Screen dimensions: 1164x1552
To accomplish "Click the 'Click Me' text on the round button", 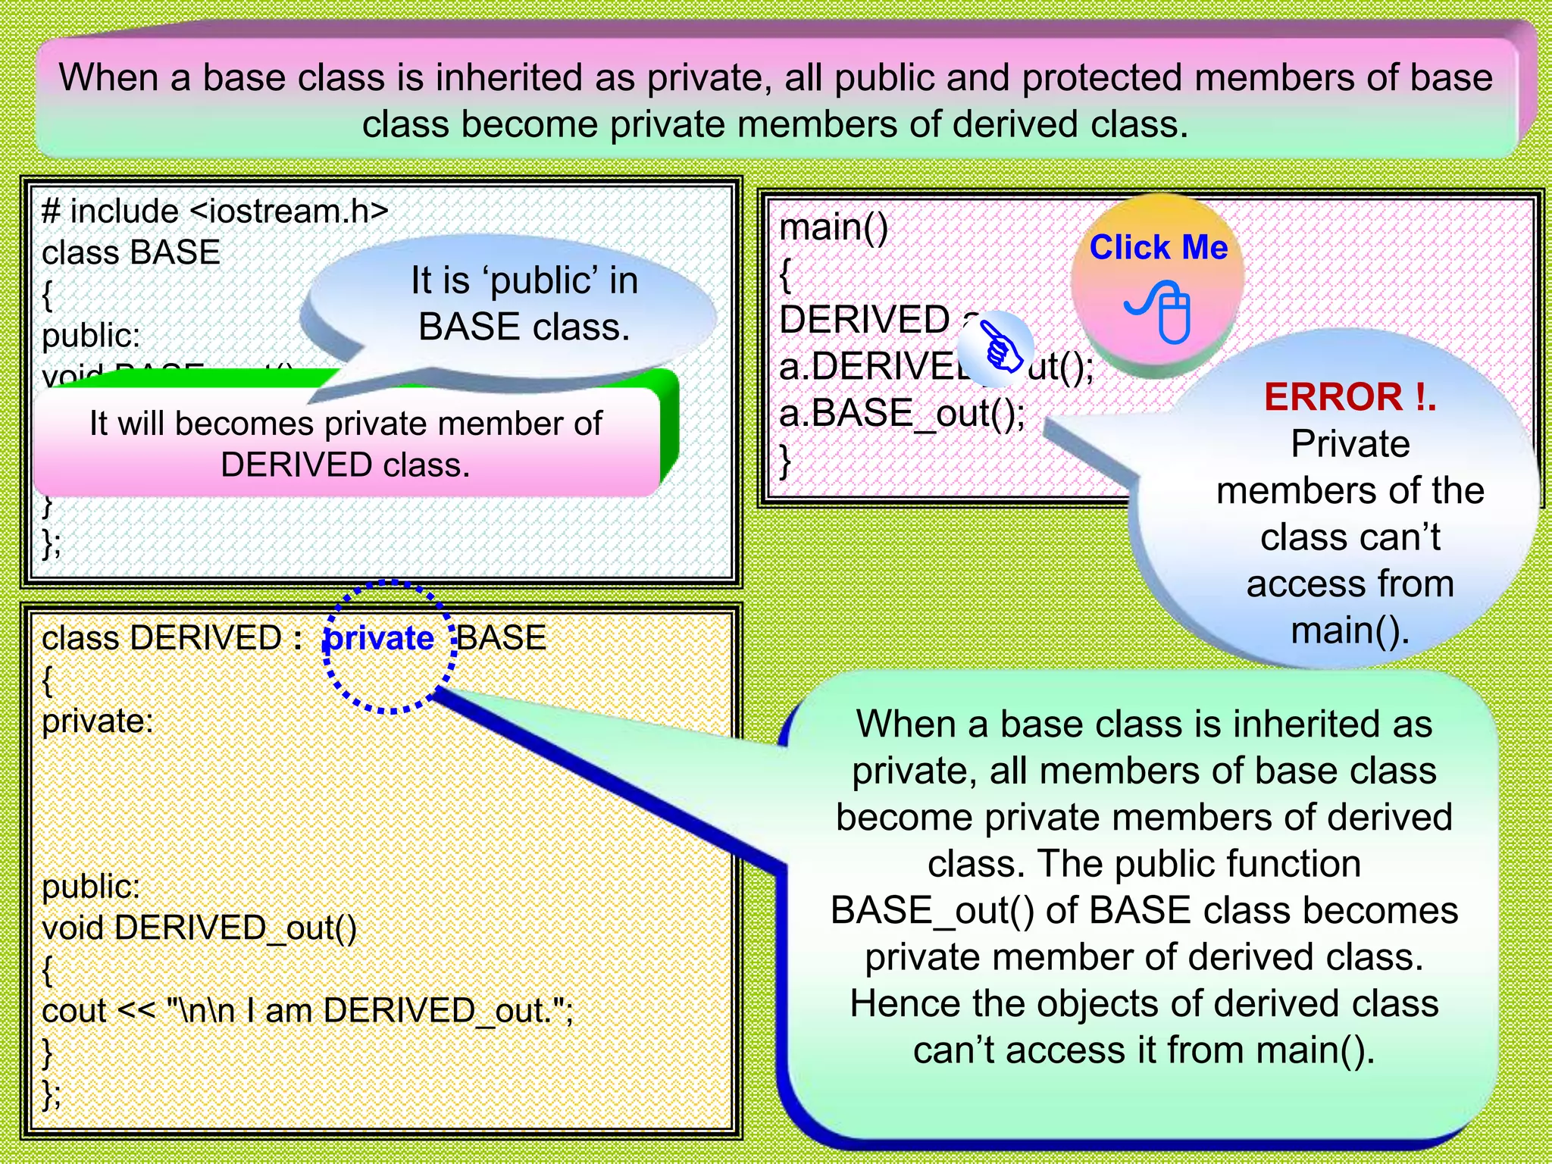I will coord(1158,248).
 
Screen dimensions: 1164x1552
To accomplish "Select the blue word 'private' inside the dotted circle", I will coord(378,639).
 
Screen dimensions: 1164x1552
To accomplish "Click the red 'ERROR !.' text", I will coord(1350,397).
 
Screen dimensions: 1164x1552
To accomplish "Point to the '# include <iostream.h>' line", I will coord(214,211).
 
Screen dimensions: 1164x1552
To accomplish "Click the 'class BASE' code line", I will coord(130,252).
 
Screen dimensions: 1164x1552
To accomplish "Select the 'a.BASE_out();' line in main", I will coord(902,414).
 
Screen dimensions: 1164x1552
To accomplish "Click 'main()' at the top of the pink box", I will coord(834,227).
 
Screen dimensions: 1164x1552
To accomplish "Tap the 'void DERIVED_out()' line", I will coord(199,928).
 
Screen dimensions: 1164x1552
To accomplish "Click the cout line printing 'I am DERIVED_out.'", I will coord(307,1010).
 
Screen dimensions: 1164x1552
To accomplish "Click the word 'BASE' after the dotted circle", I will coord(502,638).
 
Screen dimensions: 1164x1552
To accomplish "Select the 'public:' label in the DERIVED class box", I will coord(91,887).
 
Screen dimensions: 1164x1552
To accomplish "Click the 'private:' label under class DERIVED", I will coord(97,721).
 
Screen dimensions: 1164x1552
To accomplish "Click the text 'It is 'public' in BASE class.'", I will coord(524,304).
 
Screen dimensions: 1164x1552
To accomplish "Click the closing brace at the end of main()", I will coord(786,460).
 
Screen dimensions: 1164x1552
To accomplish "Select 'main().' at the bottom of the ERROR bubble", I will coord(1350,631).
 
